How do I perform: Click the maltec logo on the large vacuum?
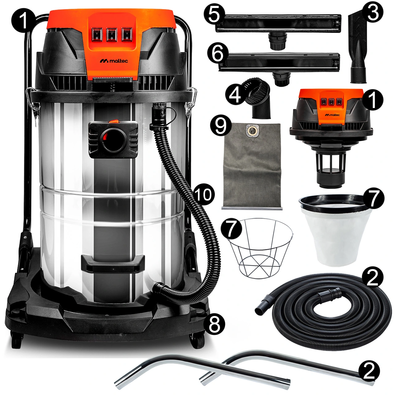click(114, 61)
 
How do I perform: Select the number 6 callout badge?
click(218, 53)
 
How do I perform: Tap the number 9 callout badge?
click(221, 126)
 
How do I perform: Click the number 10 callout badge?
click(204, 194)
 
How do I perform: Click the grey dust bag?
click(252, 166)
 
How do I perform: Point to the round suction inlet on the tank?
click(114, 140)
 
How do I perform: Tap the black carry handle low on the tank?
click(113, 264)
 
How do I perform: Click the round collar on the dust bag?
click(251, 130)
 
